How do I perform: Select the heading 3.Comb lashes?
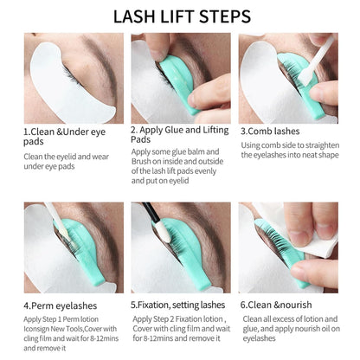coord(276,131)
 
